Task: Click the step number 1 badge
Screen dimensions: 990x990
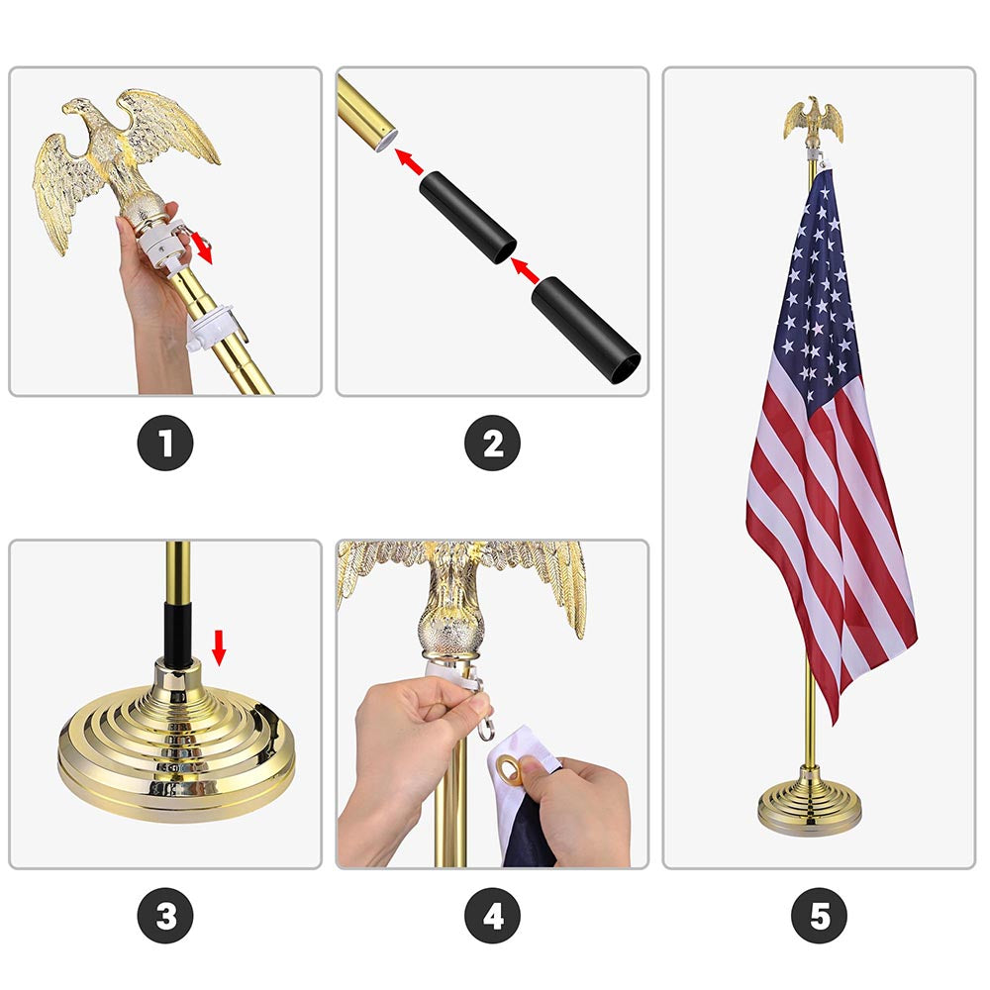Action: pyautogui.click(x=165, y=444)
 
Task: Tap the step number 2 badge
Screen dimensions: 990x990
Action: pyautogui.click(x=492, y=444)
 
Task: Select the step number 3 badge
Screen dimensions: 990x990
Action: pyautogui.click(x=165, y=917)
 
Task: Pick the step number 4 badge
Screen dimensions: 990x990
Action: pyautogui.click(x=492, y=917)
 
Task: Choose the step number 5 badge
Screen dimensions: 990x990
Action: pyautogui.click(x=819, y=917)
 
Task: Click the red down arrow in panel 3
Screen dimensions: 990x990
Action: pyautogui.click(x=220, y=648)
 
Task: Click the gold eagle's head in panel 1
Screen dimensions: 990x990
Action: pyautogui.click(x=79, y=113)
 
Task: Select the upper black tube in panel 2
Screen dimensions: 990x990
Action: pyautogui.click(x=466, y=217)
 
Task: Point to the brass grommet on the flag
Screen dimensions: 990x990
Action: pyautogui.click(x=508, y=768)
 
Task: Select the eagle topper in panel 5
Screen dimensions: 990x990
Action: pyautogui.click(x=814, y=121)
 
